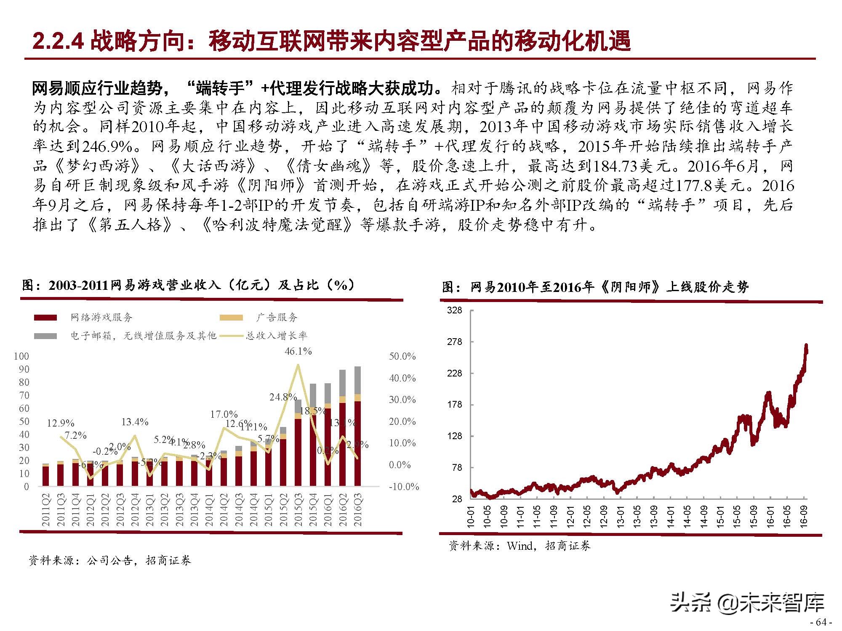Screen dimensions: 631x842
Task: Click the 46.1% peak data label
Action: coord(298,351)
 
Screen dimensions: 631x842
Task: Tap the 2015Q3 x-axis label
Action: coord(298,510)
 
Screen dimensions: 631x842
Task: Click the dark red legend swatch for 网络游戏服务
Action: coord(45,318)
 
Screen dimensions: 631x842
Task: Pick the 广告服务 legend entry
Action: coord(276,318)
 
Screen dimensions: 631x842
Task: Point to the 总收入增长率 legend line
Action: coord(230,336)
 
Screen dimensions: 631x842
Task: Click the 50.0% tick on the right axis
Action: coord(402,356)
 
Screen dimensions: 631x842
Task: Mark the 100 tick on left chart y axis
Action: coord(21,356)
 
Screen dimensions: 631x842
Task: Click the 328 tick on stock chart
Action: coord(454,310)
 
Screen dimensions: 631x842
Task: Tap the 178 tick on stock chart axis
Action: coord(454,405)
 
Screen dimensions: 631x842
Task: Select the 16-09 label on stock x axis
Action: coord(803,516)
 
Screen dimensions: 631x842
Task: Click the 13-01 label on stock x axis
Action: coord(620,516)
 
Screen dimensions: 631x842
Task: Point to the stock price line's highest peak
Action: coord(806,346)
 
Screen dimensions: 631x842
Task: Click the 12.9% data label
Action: coord(60,423)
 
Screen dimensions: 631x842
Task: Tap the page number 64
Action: coord(821,622)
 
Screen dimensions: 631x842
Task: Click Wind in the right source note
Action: coord(521,546)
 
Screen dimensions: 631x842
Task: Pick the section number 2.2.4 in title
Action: coord(59,41)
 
